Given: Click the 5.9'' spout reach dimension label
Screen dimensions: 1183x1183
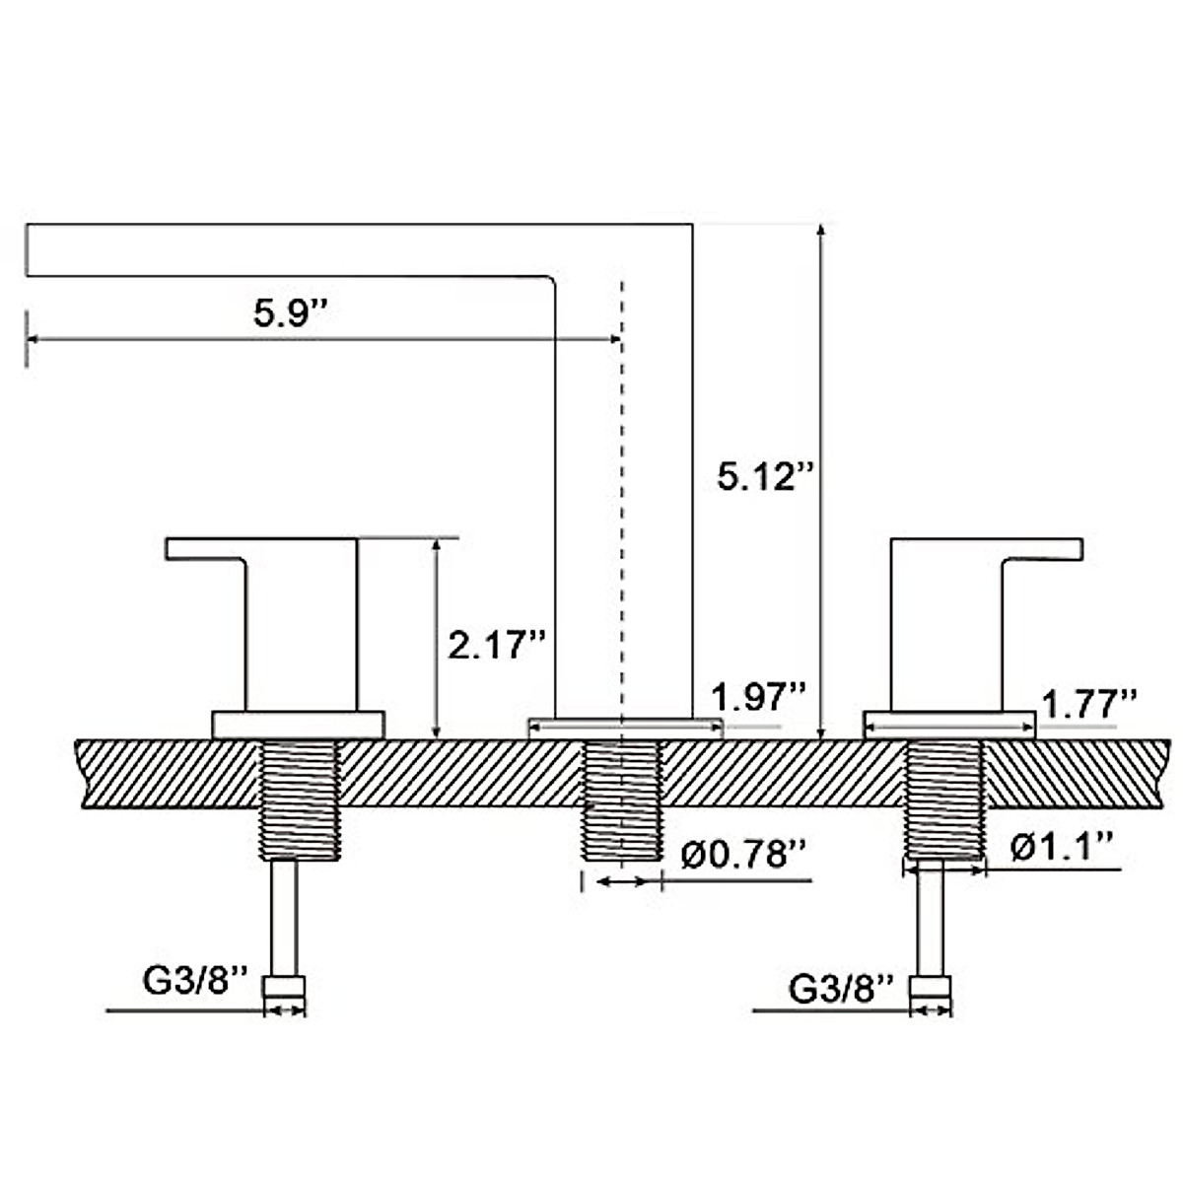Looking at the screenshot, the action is pos(287,313).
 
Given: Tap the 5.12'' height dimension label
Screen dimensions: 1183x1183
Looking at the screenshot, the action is pos(766,476).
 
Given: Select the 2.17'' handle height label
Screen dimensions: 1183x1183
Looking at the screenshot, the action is pos(496,645).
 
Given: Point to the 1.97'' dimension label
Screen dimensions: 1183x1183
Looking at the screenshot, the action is pos(757,697).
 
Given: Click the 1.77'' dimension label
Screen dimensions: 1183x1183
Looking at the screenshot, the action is pos(1089,704).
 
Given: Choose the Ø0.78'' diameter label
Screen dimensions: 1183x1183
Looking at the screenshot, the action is pos(743,854).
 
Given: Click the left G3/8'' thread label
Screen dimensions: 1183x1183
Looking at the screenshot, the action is pos(195,980).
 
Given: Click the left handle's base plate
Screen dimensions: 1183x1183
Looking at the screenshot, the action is pos(299,725).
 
